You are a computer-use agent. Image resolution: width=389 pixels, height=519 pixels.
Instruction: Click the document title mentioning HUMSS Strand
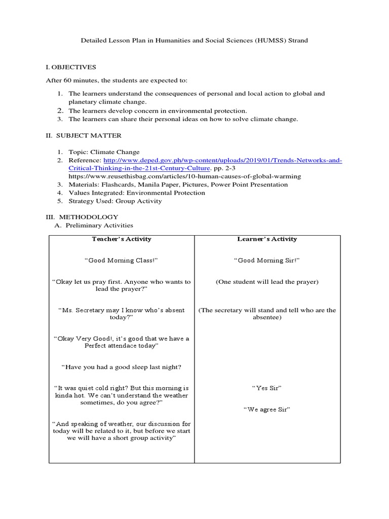(194, 41)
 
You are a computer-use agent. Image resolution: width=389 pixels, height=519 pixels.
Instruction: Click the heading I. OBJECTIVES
(71, 67)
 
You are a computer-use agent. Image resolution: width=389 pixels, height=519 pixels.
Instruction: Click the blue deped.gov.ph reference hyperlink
(222, 160)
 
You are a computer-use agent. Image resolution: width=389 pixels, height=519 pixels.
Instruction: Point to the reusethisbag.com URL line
(185, 176)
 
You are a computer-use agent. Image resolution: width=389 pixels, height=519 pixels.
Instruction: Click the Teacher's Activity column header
(122, 239)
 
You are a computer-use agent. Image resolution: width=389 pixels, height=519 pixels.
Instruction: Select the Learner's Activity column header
(267, 239)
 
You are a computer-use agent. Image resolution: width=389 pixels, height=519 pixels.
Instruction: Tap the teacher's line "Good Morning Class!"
(122, 260)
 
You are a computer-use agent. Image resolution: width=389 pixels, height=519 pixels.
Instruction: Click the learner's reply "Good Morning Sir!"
(267, 260)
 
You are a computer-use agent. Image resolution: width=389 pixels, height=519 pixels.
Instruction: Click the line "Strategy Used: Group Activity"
(115, 201)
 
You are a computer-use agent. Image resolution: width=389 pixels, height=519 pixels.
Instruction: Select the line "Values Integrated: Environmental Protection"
(137, 193)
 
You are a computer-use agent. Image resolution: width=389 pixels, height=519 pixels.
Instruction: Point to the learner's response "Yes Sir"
(267, 388)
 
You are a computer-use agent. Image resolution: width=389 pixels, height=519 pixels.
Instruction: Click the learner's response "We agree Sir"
(267, 410)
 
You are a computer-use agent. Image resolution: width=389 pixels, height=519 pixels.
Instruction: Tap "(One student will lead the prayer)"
(267, 282)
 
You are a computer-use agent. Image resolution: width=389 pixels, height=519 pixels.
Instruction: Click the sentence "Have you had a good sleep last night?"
(122, 367)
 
